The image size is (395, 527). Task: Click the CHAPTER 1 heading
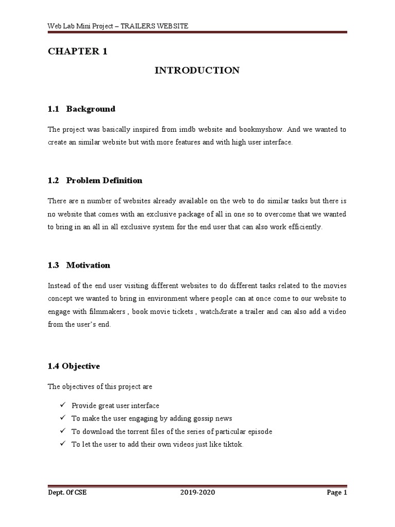pyautogui.click(x=78, y=51)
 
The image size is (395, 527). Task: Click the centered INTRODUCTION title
pyautogui.click(x=197, y=71)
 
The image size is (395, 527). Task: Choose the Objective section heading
pyautogui.click(x=81, y=366)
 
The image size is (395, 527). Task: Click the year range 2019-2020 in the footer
pyautogui.click(x=197, y=493)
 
